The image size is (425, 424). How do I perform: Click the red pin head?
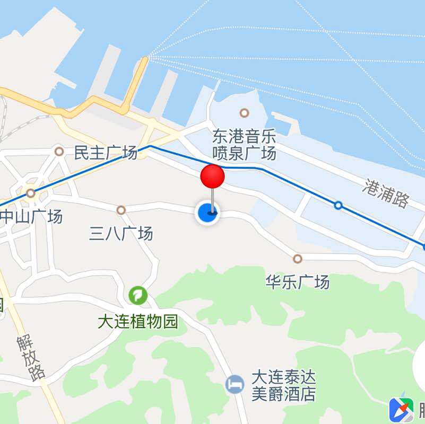pyautogui.click(x=212, y=176)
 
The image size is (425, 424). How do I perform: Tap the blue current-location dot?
pyautogui.click(x=207, y=213)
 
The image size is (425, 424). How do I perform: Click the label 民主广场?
pyautogui.click(x=105, y=153)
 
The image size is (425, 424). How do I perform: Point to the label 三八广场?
pyautogui.click(x=121, y=233)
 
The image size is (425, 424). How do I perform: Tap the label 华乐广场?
pyautogui.click(x=297, y=281)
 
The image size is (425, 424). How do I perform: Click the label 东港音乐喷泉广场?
pyautogui.click(x=244, y=145)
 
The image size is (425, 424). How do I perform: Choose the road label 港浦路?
pyautogui.click(x=386, y=193)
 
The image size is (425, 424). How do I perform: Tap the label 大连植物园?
pyautogui.click(x=138, y=321)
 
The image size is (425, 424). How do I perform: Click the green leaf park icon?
pyautogui.click(x=138, y=295)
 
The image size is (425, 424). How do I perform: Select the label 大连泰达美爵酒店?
pyautogui.click(x=283, y=386)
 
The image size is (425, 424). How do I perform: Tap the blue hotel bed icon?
pyautogui.click(x=235, y=384)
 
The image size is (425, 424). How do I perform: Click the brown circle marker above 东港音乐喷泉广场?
pyautogui.click(x=244, y=112)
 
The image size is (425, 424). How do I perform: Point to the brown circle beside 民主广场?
pyautogui.click(x=59, y=152)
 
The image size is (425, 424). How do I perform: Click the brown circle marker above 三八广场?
pyautogui.click(x=121, y=210)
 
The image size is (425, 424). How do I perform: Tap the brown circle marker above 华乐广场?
pyautogui.click(x=298, y=259)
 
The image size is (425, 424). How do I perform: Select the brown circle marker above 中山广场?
pyautogui.click(x=31, y=193)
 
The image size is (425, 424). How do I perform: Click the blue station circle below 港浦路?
pyautogui.click(x=338, y=205)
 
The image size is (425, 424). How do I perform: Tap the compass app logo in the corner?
pyautogui.click(x=401, y=410)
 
